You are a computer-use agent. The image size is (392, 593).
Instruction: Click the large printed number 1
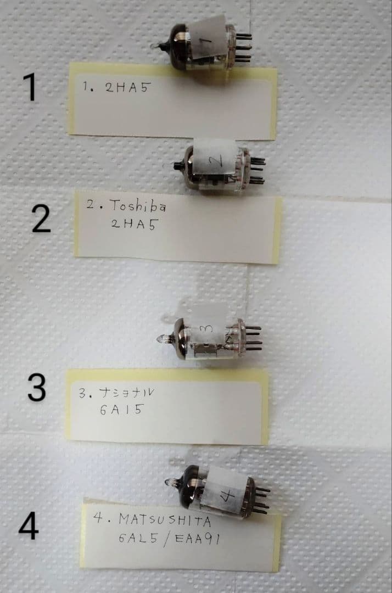coord(30,87)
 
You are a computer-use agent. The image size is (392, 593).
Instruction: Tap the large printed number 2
coord(41,219)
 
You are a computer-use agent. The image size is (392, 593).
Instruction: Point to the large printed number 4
coord(29,525)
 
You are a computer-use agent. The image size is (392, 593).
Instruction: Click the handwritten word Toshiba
coord(138,206)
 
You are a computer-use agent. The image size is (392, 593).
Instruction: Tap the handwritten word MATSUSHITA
coord(165,521)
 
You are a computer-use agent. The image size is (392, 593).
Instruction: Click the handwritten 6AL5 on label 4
coord(138,538)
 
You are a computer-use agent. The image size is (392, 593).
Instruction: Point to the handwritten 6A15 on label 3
coord(122,409)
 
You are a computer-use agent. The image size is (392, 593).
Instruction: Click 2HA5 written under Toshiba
coord(133,224)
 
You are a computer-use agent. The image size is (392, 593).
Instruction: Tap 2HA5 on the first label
coord(127,87)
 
